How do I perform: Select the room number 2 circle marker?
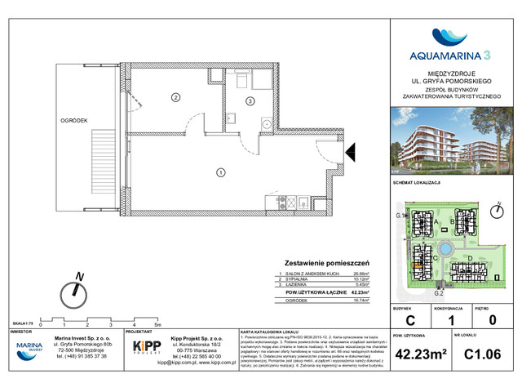[x=174, y=99]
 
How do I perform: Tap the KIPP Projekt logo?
[x=147, y=347]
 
